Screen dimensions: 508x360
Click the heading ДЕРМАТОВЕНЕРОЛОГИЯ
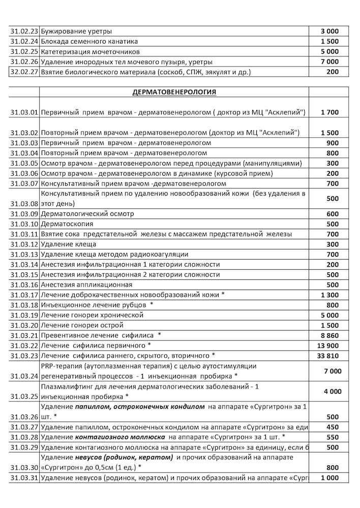(174, 92)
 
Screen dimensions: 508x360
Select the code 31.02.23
(24, 31)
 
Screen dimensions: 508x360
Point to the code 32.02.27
(24, 72)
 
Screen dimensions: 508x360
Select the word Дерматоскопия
(67, 224)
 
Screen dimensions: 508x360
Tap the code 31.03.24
(24, 376)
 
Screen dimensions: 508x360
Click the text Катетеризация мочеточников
(90, 51)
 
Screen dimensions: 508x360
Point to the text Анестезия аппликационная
(86, 284)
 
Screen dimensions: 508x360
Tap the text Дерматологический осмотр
(87, 214)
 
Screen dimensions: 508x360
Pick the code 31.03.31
(24, 478)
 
